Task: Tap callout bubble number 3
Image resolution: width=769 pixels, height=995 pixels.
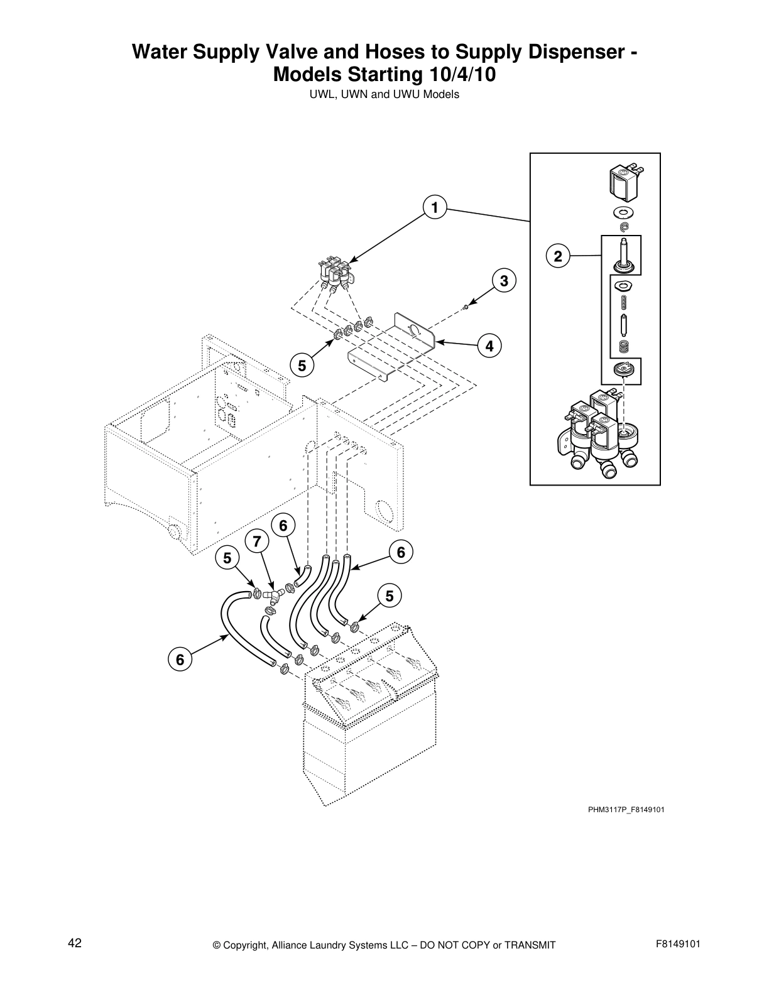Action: pos(504,281)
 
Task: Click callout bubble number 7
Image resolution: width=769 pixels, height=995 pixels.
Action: pos(256,541)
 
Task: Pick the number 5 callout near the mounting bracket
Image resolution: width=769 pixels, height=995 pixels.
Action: pos(302,365)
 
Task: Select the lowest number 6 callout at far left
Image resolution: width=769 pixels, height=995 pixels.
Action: pos(180,660)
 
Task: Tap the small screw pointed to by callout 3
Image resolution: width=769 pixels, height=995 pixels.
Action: pos(464,307)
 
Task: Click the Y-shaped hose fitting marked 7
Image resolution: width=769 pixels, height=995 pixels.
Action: pos(271,595)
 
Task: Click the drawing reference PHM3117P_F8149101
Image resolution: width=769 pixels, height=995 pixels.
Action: pos(626,809)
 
